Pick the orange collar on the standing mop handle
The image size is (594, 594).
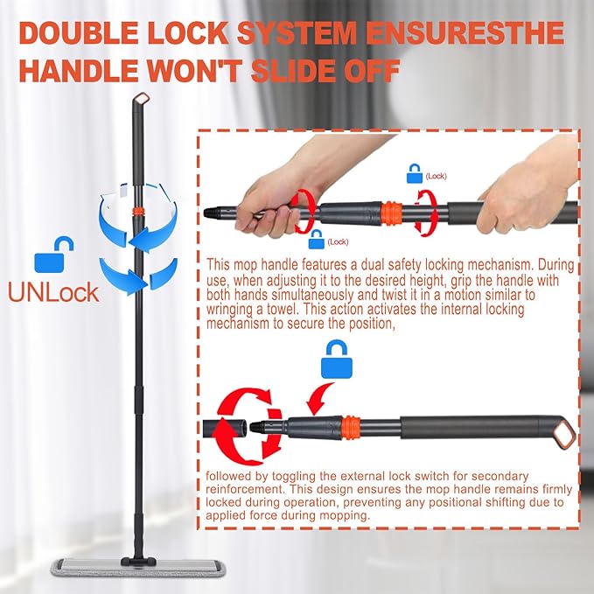tap(136, 213)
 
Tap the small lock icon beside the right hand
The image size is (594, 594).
tap(414, 174)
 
